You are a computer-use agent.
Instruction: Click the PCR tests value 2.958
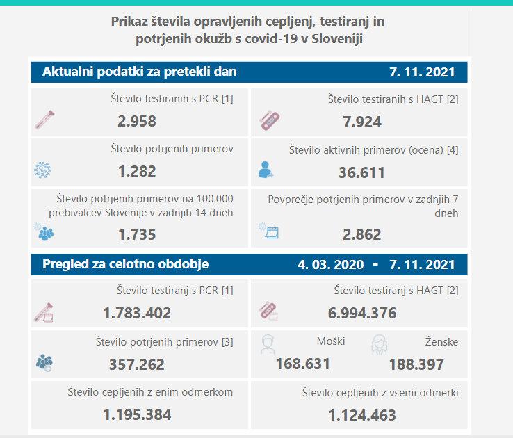[x=137, y=122]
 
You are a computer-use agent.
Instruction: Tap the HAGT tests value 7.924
[x=362, y=122]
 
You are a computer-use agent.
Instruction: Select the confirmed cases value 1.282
[x=137, y=171]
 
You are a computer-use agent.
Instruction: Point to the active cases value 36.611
[x=361, y=172]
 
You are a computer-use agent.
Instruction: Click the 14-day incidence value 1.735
[x=137, y=234]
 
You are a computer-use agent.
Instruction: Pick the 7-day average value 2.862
[x=362, y=234]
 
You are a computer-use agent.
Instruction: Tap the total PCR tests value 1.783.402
[x=137, y=313]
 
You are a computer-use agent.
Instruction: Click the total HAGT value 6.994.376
[x=362, y=313]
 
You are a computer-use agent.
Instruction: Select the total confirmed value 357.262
[x=137, y=364]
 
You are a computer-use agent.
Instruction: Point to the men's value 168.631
[x=302, y=364]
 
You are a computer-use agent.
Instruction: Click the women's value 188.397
[x=416, y=364]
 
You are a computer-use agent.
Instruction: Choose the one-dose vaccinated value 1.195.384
[x=137, y=415]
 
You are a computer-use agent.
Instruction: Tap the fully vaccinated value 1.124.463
[x=362, y=416]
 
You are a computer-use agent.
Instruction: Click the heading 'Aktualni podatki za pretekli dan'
[x=139, y=72]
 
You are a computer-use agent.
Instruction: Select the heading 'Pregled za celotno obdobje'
[x=125, y=264]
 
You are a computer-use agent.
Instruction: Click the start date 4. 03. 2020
[x=331, y=265]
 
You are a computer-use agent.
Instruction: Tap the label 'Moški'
[x=330, y=341]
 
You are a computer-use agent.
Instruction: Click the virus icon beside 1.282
[x=43, y=170]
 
